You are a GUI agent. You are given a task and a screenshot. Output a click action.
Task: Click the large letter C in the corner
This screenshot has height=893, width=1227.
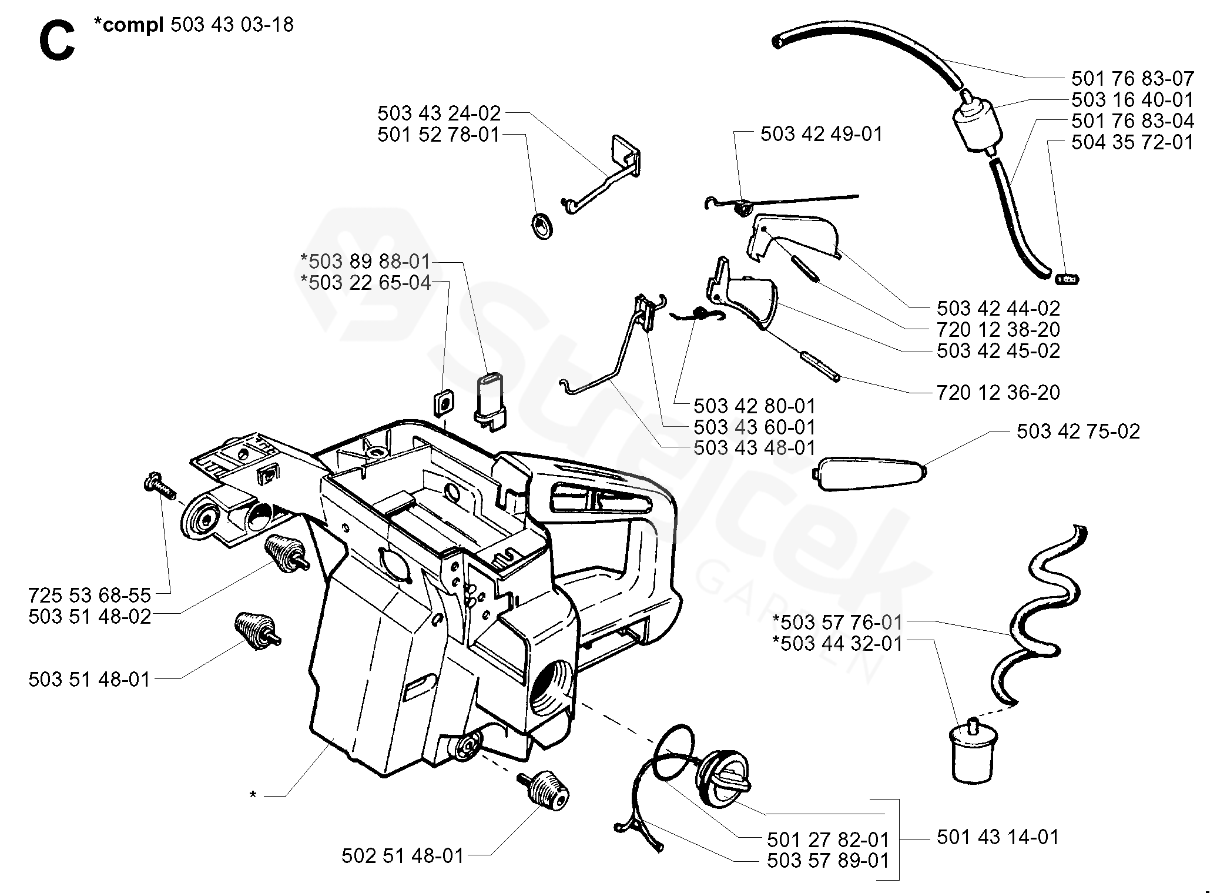click(x=57, y=41)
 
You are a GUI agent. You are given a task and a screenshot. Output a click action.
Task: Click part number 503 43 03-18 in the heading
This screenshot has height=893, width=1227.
click(x=232, y=25)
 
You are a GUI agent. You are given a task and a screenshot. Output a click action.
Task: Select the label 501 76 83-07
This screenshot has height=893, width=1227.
click(x=1132, y=79)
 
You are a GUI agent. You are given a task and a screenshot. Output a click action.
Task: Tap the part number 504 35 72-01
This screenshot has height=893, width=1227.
click(x=1132, y=142)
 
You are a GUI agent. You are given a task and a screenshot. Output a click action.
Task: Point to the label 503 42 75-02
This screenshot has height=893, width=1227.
click(x=1078, y=432)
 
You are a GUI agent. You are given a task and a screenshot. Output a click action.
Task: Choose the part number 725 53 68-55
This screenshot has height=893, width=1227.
click(x=90, y=595)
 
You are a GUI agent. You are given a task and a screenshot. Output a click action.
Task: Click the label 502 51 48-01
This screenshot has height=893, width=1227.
click(x=403, y=855)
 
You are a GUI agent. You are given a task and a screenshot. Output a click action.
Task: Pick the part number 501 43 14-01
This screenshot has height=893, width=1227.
click(x=998, y=837)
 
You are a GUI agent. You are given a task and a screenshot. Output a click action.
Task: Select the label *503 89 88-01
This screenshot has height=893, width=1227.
click(x=366, y=261)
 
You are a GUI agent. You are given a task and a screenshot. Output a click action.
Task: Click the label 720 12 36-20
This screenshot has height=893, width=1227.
click(x=998, y=392)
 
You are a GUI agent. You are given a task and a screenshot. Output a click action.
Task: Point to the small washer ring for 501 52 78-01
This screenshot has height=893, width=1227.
click(x=543, y=226)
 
